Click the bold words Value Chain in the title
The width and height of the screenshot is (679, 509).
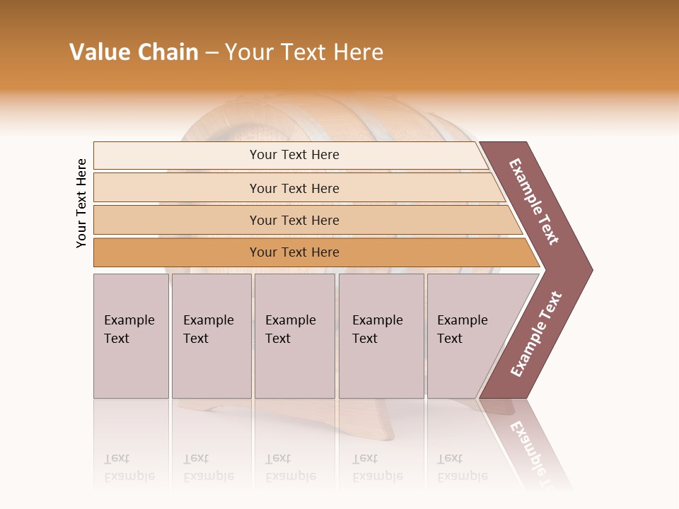134,52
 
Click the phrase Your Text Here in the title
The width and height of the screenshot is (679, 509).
304,52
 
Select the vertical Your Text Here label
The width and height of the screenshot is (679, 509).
81,204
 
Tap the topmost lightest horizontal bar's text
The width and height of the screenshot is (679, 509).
294,155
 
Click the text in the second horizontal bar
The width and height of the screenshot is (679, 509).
294,188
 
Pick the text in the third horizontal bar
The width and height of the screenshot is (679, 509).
294,221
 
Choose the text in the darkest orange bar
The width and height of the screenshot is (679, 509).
294,252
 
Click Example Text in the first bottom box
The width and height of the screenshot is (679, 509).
129,329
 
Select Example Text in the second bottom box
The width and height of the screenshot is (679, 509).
208,329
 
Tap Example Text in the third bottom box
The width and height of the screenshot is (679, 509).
290,329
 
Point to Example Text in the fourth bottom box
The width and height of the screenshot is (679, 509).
377,329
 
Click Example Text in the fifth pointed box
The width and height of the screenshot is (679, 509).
462,329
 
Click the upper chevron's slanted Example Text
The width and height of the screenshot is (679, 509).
534,201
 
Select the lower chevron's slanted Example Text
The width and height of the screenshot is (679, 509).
536,334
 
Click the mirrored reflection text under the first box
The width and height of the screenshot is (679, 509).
129,467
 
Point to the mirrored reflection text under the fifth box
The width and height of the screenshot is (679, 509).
462,467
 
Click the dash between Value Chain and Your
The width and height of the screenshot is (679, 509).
211,53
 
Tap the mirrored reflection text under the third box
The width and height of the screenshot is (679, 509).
290,467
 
